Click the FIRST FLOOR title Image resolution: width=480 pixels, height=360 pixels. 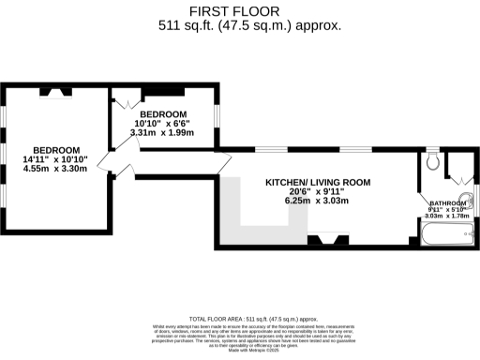click(x=241, y=12)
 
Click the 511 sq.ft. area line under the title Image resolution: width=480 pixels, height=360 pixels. click(x=241, y=26)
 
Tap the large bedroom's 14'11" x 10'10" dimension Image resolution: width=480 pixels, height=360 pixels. click(x=55, y=159)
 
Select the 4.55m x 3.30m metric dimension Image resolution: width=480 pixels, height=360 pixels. click(x=55, y=169)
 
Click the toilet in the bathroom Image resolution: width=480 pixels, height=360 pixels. click(x=431, y=163)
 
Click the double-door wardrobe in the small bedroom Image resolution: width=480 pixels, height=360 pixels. click(x=123, y=98)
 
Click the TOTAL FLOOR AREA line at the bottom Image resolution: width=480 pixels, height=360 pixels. click(x=240, y=319)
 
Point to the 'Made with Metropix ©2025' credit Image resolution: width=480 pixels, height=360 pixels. click(x=240, y=351)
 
